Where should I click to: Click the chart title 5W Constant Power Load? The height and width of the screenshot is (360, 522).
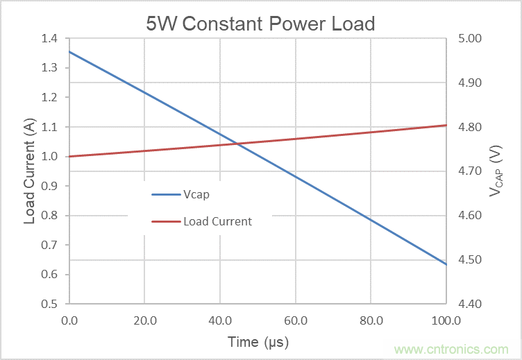(260, 24)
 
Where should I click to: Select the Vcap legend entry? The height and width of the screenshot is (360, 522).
(196, 194)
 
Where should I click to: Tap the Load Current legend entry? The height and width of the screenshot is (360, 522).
(217, 222)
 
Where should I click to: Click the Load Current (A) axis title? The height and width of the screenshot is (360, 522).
(30, 171)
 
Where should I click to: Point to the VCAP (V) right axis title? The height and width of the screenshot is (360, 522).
(495, 171)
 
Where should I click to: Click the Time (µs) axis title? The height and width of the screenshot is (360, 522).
(258, 342)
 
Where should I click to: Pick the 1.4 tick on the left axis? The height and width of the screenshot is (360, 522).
(51, 38)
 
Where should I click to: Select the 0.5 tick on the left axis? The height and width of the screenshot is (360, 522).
(51, 304)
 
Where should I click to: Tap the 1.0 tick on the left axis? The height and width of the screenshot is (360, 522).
(51, 156)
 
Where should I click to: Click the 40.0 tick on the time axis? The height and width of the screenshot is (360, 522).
(219, 321)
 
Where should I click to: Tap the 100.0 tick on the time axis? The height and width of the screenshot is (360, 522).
(446, 321)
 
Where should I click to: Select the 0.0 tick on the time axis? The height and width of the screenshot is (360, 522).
(69, 321)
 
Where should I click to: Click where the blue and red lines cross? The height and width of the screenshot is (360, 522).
(237, 144)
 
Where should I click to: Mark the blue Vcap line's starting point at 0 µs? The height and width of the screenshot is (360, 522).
(69, 52)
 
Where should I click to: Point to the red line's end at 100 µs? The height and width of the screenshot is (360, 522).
(446, 126)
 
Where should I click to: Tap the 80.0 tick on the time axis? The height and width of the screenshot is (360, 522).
(371, 321)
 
